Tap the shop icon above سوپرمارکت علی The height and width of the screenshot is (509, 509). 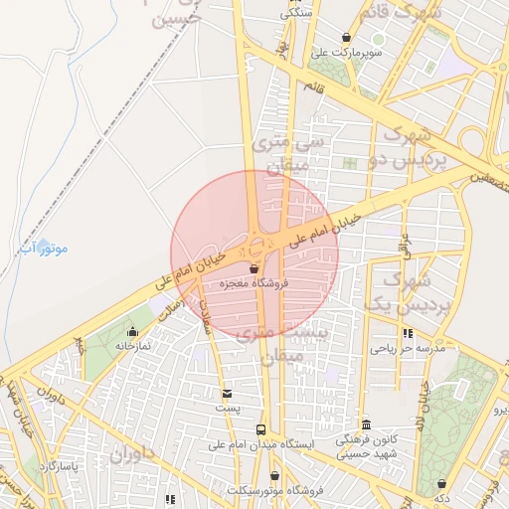click(346, 37)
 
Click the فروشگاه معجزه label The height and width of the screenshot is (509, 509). click(254, 283)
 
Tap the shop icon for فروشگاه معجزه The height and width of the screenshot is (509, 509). click(254, 268)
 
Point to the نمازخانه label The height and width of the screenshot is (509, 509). click(132, 345)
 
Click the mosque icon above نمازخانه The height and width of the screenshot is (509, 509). click(132, 331)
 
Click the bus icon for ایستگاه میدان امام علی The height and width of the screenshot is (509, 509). click(260, 429)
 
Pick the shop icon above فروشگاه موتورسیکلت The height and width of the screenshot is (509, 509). click(274, 476)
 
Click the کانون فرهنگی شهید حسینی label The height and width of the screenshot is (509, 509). click(366, 445)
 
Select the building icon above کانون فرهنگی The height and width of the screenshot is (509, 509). click(366, 424)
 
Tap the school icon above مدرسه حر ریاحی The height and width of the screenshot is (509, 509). click(408, 333)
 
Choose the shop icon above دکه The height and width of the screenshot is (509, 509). click(441, 484)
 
